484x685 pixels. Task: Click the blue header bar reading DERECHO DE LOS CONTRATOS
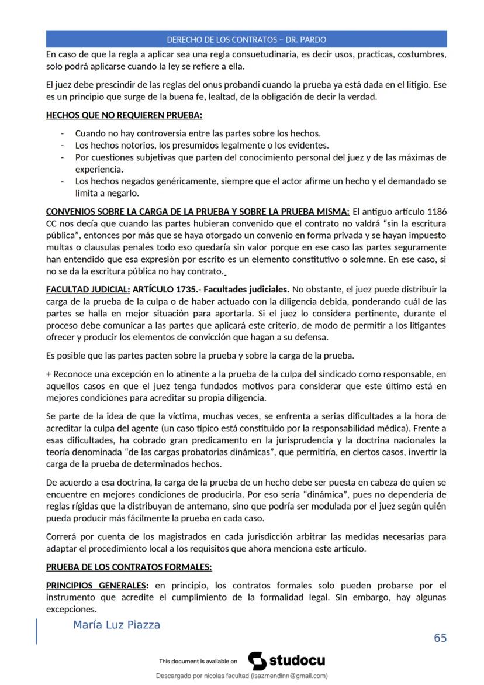point(246,40)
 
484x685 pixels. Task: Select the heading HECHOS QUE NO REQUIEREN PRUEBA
point(124,116)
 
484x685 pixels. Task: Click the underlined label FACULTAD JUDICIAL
point(88,289)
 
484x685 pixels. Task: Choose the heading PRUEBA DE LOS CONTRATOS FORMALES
point(129,567)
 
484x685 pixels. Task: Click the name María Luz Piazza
point(116,625)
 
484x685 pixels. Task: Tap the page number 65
point(440,638)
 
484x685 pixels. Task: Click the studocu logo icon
point(257,661)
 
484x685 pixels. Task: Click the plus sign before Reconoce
point(49,373)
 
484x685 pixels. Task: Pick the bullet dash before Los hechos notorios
point(63,145)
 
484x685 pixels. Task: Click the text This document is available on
point(198,662)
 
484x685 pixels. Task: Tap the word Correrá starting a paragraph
point(61,536)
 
